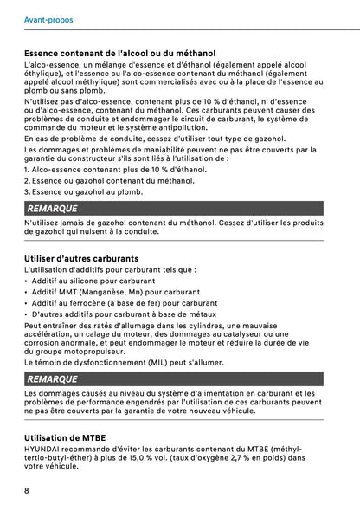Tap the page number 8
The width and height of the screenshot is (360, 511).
(x=28, y=491)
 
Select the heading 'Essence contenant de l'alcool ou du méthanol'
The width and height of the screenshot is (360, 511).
(x=119, y=53)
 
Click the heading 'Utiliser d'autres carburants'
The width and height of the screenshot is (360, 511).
(x=81, y=258)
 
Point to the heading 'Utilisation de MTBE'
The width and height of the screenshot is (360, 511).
(x=65, y=438)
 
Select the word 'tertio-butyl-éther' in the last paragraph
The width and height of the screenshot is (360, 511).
(x=56, y=459)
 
